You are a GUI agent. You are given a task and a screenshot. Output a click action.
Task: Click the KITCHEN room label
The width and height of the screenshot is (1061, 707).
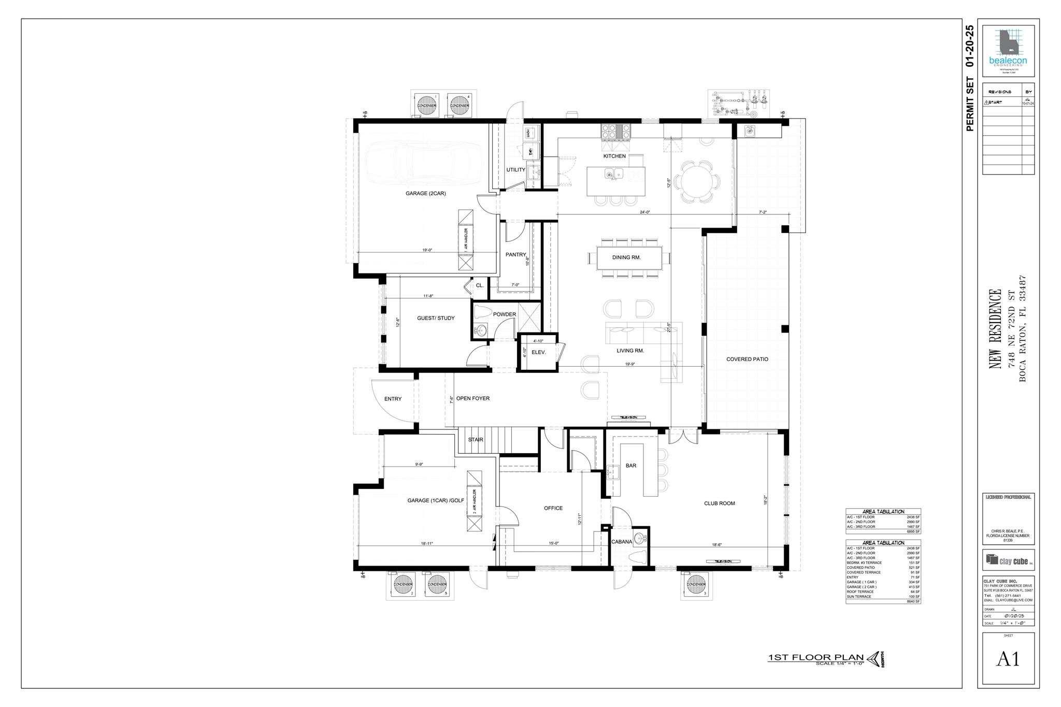(614, 156)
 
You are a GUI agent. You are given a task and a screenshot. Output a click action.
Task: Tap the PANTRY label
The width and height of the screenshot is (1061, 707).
(515, 254)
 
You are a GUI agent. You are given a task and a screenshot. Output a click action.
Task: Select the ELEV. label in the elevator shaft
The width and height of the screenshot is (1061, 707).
(539, 352)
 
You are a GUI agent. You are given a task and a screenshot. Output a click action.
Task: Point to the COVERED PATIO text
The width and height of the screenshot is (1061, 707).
(747, 359)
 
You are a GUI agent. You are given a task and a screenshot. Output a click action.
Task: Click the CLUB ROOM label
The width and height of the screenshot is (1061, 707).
(719, 503)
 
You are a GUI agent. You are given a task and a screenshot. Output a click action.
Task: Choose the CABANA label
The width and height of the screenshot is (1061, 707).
(621, 542)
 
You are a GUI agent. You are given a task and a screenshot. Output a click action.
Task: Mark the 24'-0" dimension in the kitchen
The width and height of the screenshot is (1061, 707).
(644, 212)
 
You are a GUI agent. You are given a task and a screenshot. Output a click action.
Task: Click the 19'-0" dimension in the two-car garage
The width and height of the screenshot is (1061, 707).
(427, 250)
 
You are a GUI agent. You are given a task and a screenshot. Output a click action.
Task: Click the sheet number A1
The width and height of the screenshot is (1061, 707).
(1008, 659)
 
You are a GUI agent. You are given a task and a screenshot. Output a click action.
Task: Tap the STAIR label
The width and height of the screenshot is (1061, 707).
(475, 440)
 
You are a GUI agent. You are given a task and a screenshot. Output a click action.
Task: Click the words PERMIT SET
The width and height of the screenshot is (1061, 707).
(970, 104)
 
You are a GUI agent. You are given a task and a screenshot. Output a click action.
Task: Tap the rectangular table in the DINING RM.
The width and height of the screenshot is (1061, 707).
(629, 257)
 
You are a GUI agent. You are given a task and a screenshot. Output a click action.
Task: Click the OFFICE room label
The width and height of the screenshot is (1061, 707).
(553, 508)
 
